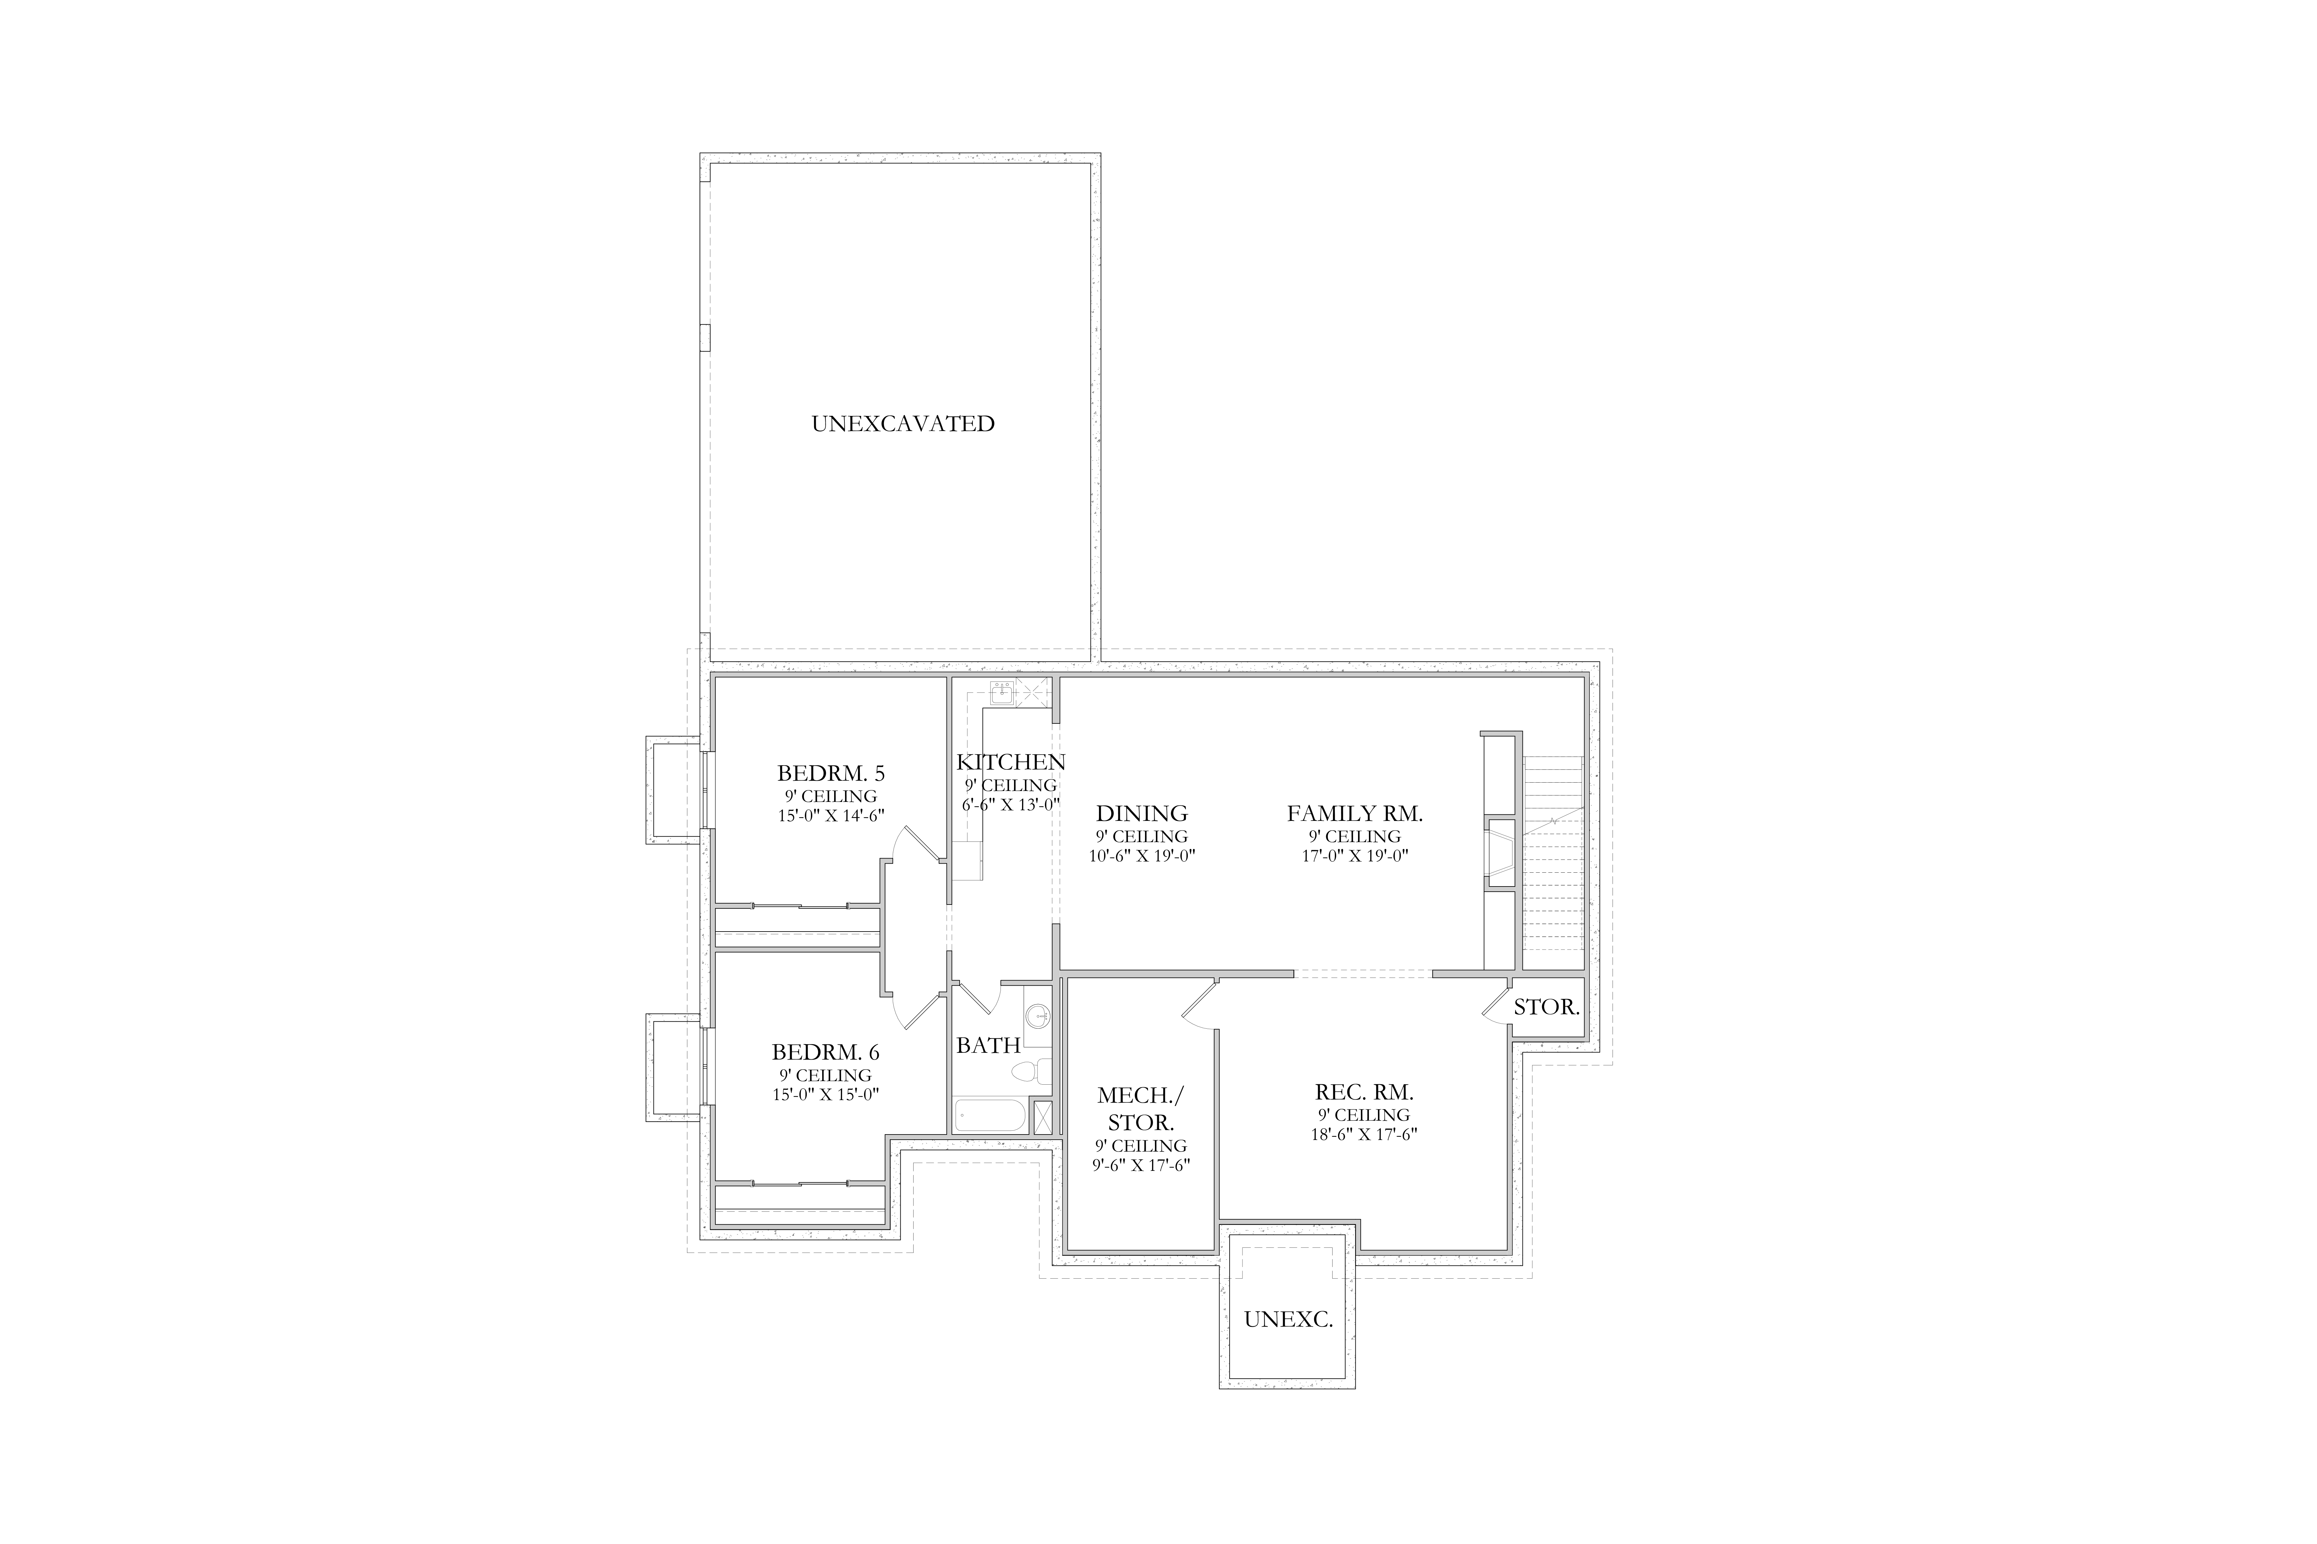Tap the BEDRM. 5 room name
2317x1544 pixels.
pos(831,773)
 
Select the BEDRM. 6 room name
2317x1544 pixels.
pos(825,1052)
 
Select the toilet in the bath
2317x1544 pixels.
pos(1032,1071)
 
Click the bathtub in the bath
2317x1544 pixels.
pos(990,1116)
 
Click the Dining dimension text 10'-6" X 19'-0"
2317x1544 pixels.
pos(1142,856)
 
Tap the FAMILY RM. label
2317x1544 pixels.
pos(1354,813)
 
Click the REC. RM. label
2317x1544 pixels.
pos(1364,1092)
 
